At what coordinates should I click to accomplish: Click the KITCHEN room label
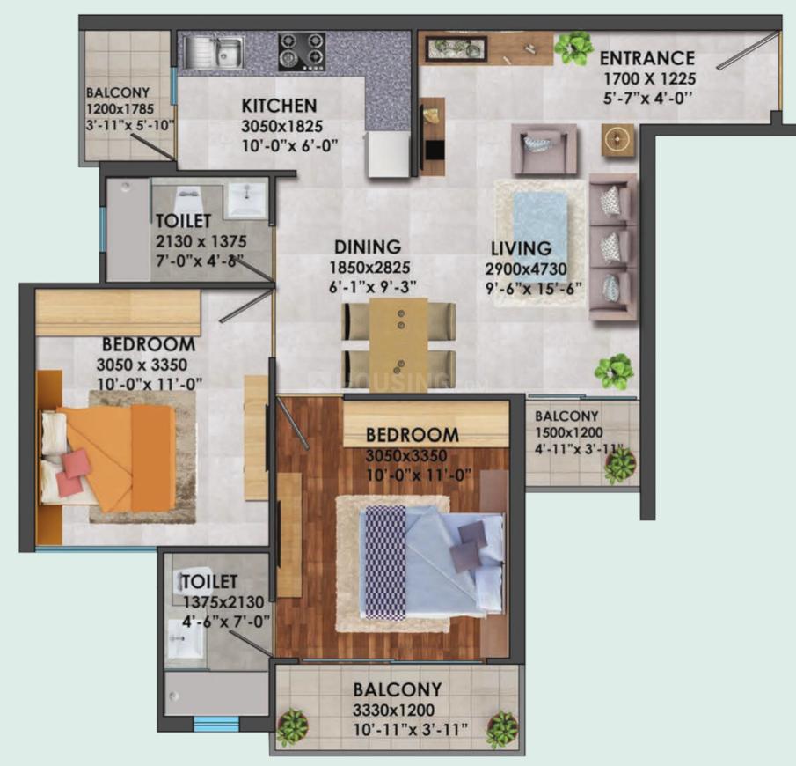(279, 106)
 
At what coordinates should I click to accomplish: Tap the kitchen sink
(212, 52)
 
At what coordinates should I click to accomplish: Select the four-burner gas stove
(302, 52)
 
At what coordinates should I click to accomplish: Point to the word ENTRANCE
(646, 58)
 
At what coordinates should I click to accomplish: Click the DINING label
(368, 247)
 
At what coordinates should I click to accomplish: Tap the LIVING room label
(521, 248)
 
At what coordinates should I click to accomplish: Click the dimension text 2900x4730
(526, 269)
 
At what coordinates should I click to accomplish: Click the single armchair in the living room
(544, 149)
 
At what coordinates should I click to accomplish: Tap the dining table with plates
(398, 344)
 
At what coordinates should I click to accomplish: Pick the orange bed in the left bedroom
(109, 459)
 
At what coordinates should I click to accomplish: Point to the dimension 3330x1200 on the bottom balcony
(393, 710)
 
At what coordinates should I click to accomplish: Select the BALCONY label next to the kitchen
(118, 92)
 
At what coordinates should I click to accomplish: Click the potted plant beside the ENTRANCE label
(573, 48)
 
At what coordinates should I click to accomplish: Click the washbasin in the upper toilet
(247, 199)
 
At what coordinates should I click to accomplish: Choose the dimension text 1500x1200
(568, 432)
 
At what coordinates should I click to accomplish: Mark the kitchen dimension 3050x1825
(281, 126)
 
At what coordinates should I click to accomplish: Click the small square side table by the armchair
(617, 139)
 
